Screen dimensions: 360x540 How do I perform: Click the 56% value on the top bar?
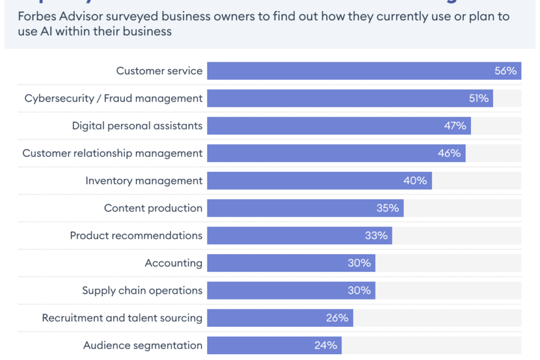tap(505, 71)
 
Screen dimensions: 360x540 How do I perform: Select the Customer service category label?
tap(159, 71)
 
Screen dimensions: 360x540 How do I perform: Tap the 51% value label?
tap(478, 98)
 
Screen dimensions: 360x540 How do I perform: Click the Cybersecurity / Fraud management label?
tap(113, 98)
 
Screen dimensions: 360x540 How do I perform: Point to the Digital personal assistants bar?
tap(339, 125)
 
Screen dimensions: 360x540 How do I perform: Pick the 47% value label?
tap(455, 125)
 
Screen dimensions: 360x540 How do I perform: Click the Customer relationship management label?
tap(112, 153)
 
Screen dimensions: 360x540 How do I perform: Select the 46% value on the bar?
tap(449, 153)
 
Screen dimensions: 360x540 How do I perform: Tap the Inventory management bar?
tap(319, 181)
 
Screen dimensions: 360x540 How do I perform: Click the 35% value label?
tap(387, 208)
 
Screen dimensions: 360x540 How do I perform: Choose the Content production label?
tap(153, 208)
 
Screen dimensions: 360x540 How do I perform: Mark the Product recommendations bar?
tap(299, 235)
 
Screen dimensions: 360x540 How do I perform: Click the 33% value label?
tap(376, 235)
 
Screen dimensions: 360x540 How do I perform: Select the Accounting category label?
tap(173, 263)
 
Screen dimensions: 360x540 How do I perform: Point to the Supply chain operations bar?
tap(290, 290)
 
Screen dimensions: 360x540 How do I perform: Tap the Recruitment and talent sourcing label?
tap(122, 318)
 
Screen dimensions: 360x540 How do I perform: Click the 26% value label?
tap(337, 318)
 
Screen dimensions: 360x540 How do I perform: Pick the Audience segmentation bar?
tap(274, 345)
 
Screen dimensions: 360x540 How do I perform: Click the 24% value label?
tap(326, 345)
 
